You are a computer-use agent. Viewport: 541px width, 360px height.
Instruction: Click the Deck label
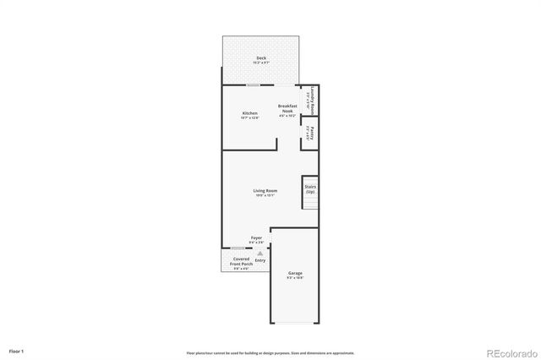(x=261, y=58)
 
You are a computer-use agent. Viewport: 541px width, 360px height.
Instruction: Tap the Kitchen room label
(x=249, y=113)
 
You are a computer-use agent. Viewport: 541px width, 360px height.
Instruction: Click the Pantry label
(x=312, y=132)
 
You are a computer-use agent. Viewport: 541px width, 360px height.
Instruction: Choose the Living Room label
(x=265, y=190)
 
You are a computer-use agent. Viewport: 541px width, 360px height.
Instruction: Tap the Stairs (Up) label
(x=309, y=189)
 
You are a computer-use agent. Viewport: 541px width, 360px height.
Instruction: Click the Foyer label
(x=256, y=239)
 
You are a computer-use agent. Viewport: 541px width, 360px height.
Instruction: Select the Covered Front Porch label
(x=241, y=261)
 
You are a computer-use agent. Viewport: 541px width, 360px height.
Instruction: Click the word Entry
(x=260, y=260)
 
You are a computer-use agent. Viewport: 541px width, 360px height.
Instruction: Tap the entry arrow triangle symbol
(x=260, y=253)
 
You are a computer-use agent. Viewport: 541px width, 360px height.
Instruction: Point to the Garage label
(x=295, y=273)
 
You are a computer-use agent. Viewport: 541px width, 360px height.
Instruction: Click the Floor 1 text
(x=17, y=350)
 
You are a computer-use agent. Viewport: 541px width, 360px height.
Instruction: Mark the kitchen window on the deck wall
(x=253, y=85)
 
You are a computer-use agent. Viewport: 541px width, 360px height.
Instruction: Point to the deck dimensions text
(x=261, y=63)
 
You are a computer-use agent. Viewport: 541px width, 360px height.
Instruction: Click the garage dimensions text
(x=295, y=278)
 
